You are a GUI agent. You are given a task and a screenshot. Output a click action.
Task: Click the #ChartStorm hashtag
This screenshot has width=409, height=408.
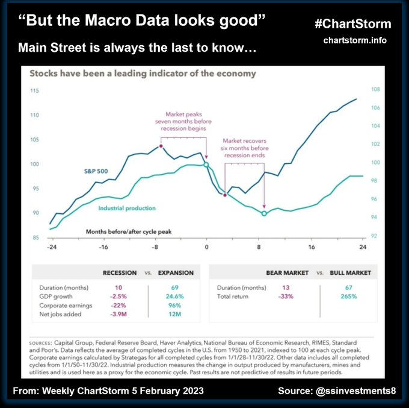(352, 24)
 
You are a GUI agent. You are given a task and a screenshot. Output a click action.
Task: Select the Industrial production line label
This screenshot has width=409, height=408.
(126, 209)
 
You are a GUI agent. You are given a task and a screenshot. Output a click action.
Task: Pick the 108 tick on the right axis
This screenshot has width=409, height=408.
(376, 90)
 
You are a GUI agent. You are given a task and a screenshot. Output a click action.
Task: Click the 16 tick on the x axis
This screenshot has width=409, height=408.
(312, 247)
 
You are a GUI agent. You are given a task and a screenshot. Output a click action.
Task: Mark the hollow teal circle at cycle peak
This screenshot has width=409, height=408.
(206, 165)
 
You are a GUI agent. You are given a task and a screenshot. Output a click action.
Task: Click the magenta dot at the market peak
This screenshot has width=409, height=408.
(161, 146)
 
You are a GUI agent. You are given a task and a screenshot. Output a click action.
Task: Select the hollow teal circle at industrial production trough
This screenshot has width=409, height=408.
(264, 213)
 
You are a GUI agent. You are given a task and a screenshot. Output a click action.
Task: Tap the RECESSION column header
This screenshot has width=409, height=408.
(120, 273)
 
